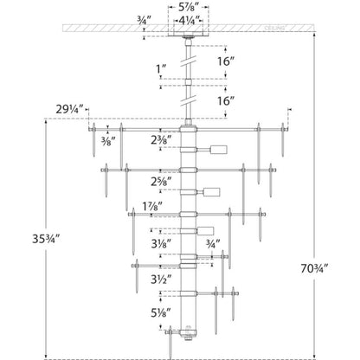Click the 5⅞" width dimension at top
pos(189,7)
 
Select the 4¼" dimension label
pos(190,21)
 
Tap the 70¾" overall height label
pos(314,269)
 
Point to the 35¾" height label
pos(46,239)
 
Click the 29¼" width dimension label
pos(69,109)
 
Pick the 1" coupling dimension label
pos(161,69)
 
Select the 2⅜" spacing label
pos(161,140)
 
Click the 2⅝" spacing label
pos(161,182)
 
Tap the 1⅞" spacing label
pos(152,206)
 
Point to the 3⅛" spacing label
pos(161,244)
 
